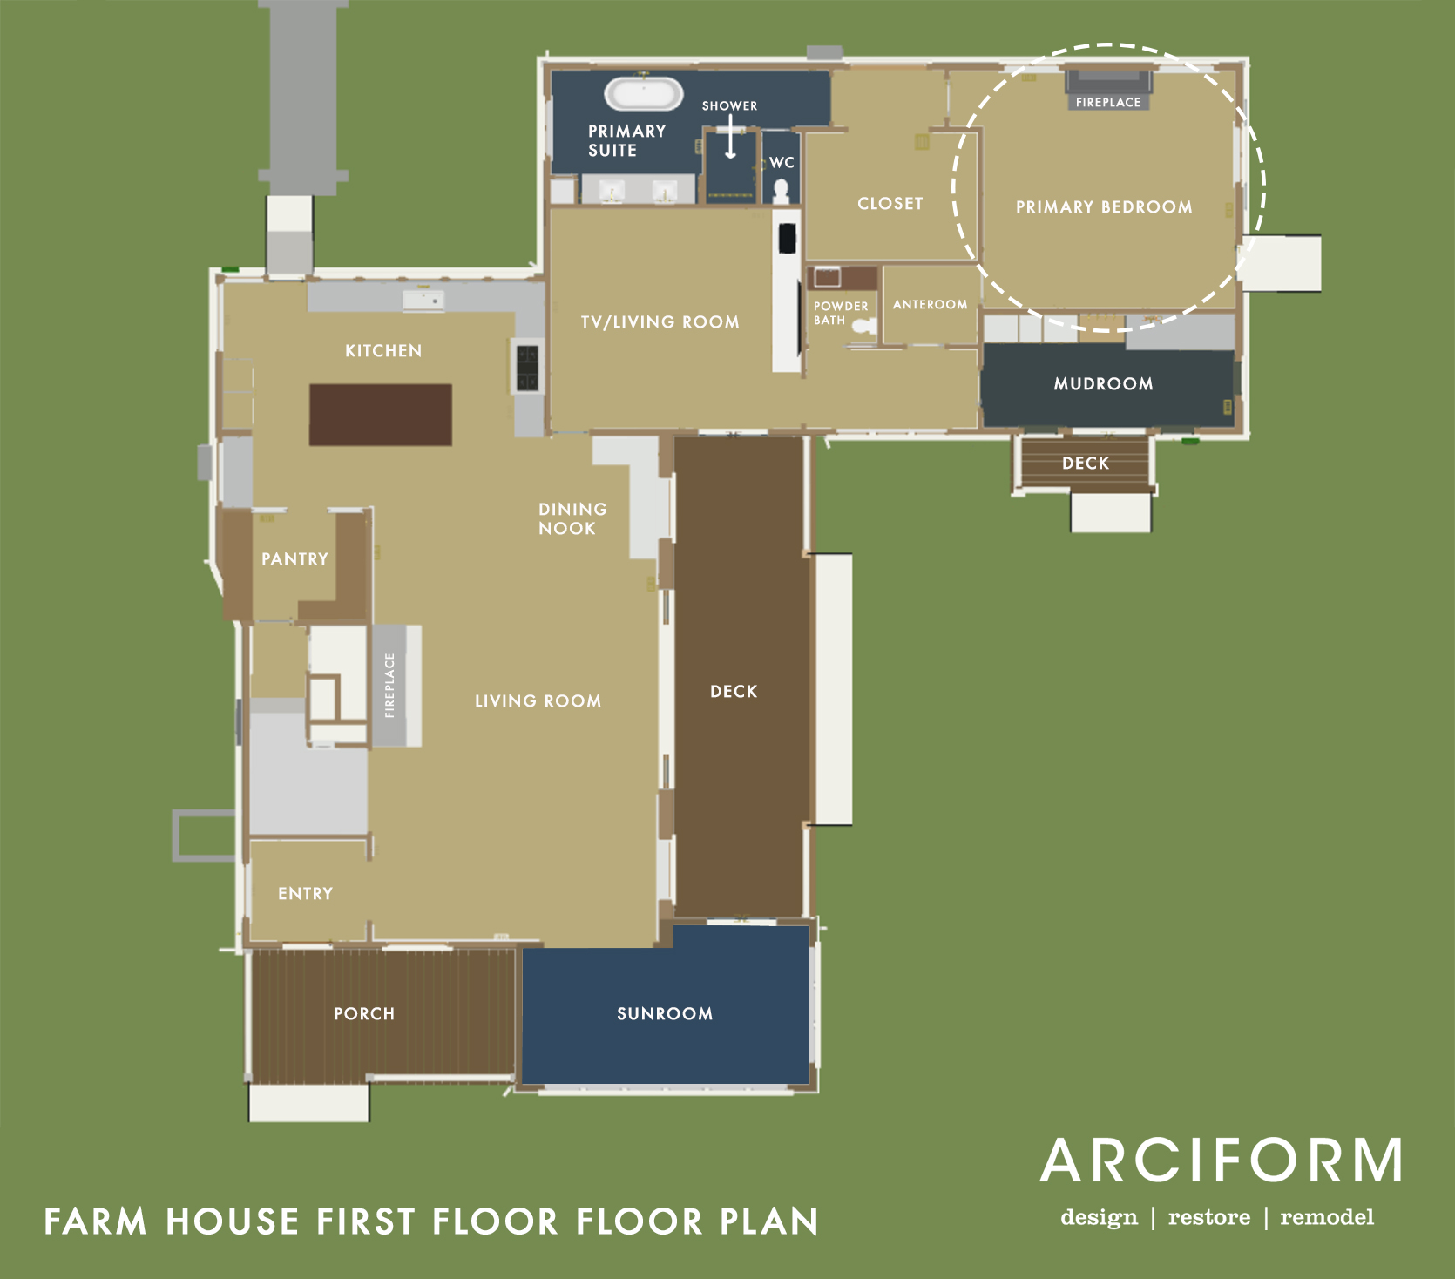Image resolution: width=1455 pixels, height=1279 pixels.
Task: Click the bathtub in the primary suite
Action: [644, 94]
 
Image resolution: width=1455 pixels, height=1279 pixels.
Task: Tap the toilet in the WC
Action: [782, 191]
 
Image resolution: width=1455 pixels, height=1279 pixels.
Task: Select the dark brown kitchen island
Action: [381, 415]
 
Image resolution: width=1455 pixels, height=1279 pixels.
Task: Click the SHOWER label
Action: [730, 105]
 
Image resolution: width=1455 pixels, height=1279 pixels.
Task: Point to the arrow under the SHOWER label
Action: [730, 137]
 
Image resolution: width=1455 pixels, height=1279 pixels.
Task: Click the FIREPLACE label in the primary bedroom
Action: [1108, 102]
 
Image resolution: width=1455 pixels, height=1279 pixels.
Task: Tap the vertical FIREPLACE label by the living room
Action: [389, 685]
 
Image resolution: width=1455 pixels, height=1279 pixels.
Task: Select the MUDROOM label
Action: [1104, 384]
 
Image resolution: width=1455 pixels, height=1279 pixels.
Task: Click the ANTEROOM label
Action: [930, 304]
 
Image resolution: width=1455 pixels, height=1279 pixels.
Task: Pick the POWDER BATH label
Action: [841, 313]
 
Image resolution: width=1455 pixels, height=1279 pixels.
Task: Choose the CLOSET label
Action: [890, 204]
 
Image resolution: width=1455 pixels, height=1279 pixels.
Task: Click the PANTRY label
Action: [295, 559]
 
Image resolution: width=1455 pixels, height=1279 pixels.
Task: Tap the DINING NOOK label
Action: [572, 518]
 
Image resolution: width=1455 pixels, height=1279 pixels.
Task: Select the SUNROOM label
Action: [665, 1013]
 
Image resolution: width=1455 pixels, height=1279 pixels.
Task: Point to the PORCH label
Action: [364, 1013]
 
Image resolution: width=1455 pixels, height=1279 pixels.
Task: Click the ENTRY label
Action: [306, 894]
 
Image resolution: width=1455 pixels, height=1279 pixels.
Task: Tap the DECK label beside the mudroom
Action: [1086, 464]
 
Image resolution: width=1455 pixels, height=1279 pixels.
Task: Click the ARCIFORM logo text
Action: [1222, 1161]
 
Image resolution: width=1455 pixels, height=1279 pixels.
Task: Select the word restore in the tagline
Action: [1209, 1217]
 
